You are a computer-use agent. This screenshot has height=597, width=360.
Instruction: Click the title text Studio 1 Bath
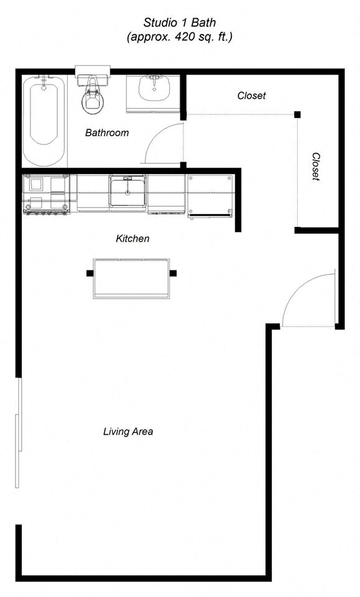(x=180, y=22)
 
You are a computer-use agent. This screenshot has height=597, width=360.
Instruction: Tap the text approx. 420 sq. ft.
(x=180, y=37)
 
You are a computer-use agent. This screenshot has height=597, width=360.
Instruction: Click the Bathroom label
(x=107, y=132)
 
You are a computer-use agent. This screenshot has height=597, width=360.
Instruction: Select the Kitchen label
(x=132, y=238)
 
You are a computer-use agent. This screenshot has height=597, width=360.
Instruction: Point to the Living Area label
(x=128, y=431)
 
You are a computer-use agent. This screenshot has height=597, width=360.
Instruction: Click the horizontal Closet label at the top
(x=251, y=96)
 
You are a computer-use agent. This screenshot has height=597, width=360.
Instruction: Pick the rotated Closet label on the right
(x=316, y=167)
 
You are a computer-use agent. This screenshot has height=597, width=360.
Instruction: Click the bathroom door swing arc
(x=163, y=143)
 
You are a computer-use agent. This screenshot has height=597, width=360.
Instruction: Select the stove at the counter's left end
(x=46, y=195)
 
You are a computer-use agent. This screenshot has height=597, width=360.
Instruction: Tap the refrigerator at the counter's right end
(x=210, y=195)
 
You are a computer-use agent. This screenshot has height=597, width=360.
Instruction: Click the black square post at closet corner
(x=297, y=114)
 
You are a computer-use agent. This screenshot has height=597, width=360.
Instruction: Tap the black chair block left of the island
(x=88, y=272)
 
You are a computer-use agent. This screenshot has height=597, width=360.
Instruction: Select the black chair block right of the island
(x=173, y=272)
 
